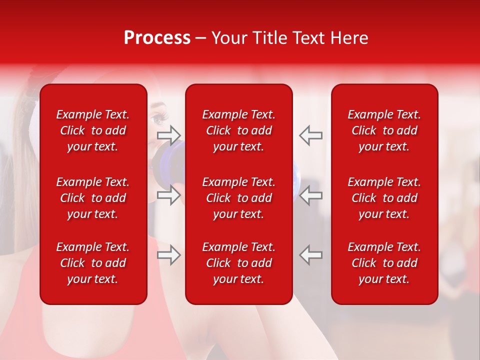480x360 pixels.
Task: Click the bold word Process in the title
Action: tap(157, 38)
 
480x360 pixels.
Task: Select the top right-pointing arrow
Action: tap(168, 134)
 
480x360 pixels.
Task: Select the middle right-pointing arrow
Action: tap(168, 195)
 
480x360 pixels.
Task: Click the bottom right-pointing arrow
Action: tap(168, 255)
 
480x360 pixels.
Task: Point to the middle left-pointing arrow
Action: tap(310, 195)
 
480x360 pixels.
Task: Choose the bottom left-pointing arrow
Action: tap(310, 255)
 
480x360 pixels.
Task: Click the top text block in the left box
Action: tap(93, 130)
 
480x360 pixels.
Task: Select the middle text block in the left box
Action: tap(93, 198)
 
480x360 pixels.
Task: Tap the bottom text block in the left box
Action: tap(93, 263)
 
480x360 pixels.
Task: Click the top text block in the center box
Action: tap(238, 130)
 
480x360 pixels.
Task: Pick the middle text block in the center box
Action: tap(238, 198)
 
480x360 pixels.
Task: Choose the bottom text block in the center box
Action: tap(238, 263)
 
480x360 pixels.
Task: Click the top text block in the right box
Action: tap(384, 130)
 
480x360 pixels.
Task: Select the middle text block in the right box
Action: tap(384, 198)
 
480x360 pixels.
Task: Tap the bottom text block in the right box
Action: tap(384, 263)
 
